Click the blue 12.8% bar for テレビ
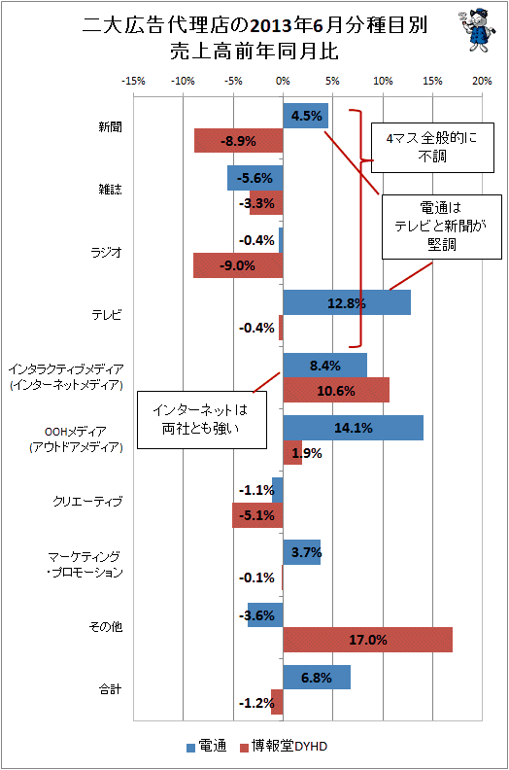coord(347,302)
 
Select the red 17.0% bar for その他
coord(367,640)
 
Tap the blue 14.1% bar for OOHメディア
coord(353,428)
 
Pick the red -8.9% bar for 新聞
coord(239,140)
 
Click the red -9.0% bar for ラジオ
coord(238,265)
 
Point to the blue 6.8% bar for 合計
coord(317,678)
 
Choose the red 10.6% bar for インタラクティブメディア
coord(336,391)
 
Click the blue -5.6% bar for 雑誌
coord(255,178)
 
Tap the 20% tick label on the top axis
coord(482,81)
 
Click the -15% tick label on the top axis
coord(133,81)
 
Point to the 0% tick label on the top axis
coord(284,81)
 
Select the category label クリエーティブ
coord(87,502)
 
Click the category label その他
coord(106,627)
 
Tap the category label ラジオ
coord(106,253)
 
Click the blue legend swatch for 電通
coord(191,748)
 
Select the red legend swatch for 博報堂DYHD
coord(244,748)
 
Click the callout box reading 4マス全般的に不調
coord(432,148)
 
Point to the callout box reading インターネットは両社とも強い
coord(202,420)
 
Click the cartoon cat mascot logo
coord(476,30)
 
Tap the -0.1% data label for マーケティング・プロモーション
coord(256,577)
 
